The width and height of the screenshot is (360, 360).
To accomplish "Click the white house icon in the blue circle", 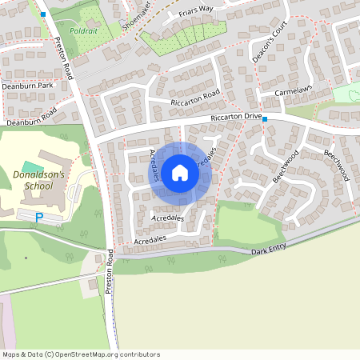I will pyautogui.click(x=180, y=172).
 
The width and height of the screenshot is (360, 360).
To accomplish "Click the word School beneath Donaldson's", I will pyautogui.click(x=38, y=186).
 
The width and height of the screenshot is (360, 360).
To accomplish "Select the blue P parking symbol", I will pyautogui.click(x=39, y=217).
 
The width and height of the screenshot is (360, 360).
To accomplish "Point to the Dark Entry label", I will pyautogui.click(x=269, y=250).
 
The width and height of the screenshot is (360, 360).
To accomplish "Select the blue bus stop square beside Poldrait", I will pyautogui.click(x=43, y=14).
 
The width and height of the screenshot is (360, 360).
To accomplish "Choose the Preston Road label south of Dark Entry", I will pyautogui.click(x=109, y=274).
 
